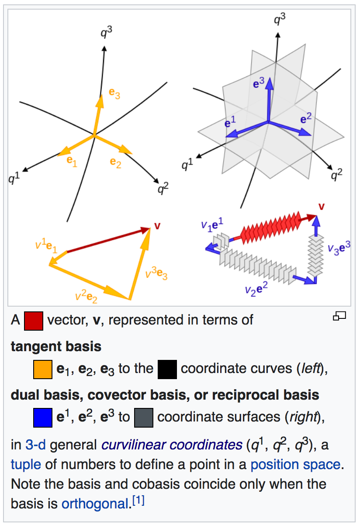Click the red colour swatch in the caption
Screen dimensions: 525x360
click(x=34, y=321)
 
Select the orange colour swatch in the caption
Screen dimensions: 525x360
click(x=43, y=369)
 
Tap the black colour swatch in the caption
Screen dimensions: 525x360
click(x=167, y=369)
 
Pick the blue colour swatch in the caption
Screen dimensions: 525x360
click(x=43, y=417)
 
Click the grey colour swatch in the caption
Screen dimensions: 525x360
click(x=143, y=417)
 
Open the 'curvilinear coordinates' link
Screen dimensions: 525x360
click(x=172, y=445)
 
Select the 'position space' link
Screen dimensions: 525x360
click(x=295, y=464)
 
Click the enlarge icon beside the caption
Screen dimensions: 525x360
click(x=339, y=316)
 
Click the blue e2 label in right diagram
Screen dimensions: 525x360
click(x=306, y=118)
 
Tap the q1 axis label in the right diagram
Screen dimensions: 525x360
click(x=187, y=165)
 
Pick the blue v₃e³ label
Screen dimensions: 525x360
click(x=339, y=248)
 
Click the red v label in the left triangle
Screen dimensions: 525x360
click(x=157, y=225)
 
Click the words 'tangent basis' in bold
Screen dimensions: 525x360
click(x=56, y=346)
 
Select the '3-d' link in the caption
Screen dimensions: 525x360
click(x=35, y=445)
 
